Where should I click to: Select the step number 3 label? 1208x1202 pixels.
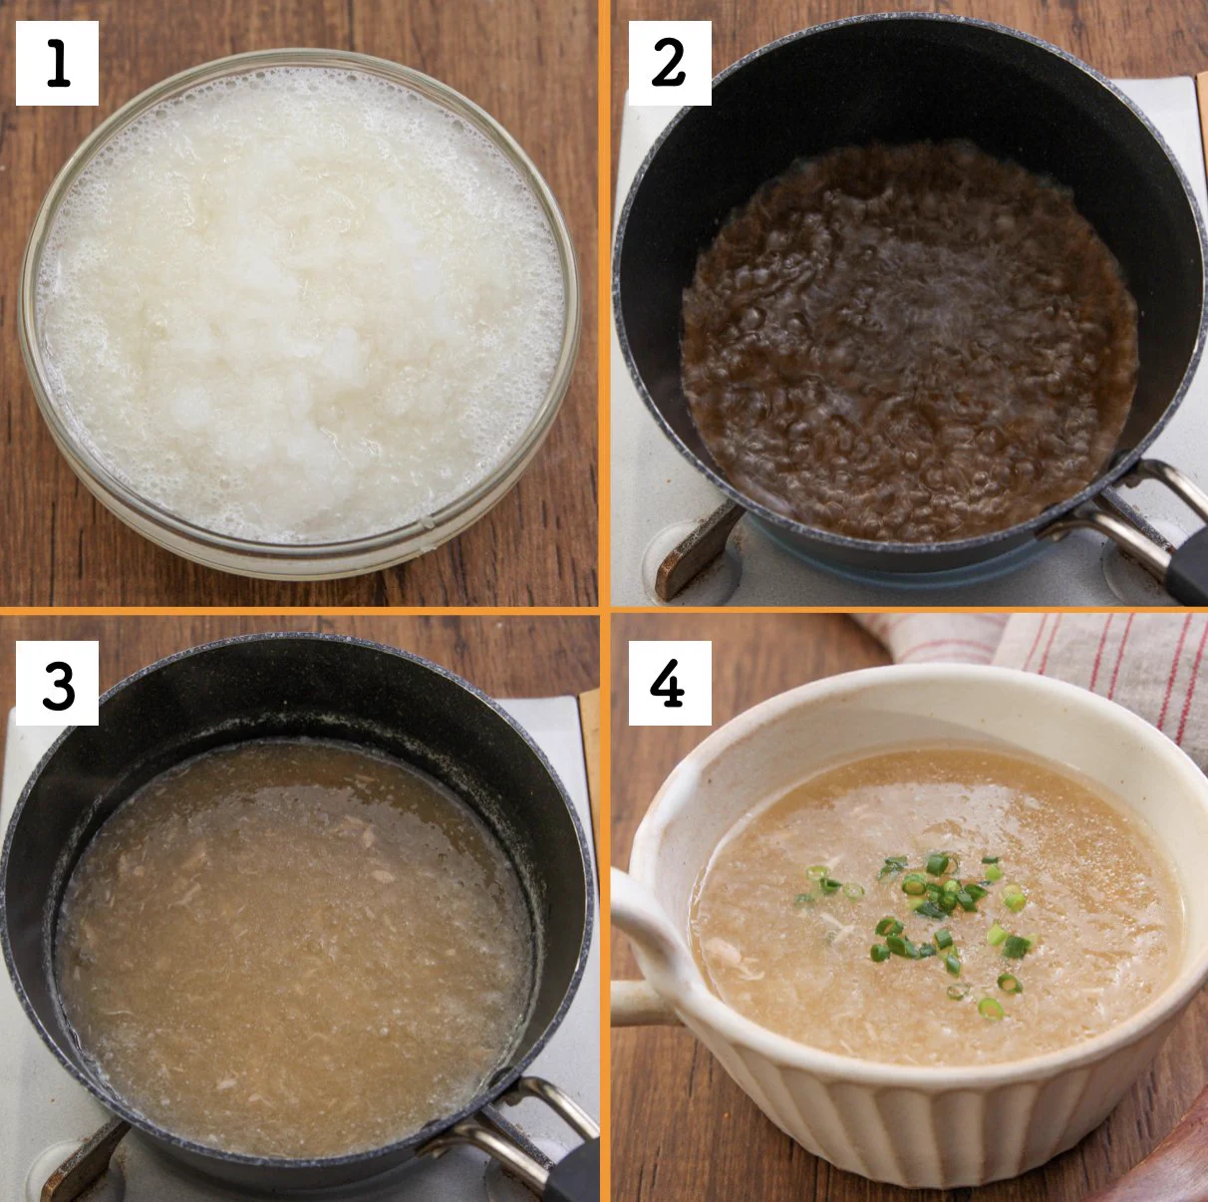(x=57, y=683)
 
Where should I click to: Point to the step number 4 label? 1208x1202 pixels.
(x=668, y=683)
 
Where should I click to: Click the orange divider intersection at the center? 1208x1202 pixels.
(x=604, y=609)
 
